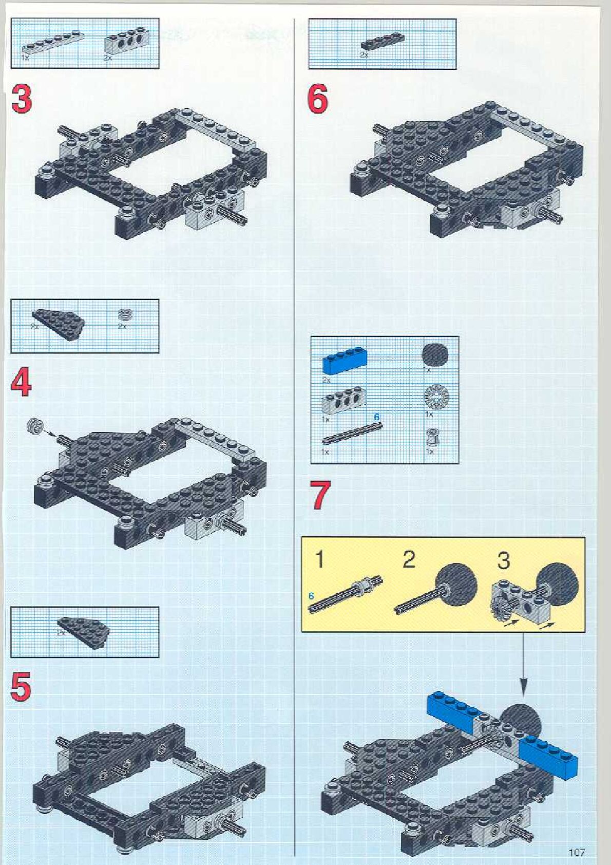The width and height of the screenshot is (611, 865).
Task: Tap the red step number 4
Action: click(22, 383)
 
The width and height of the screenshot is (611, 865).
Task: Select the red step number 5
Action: click(21, 687)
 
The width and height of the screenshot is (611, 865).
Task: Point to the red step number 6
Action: click(318, 99)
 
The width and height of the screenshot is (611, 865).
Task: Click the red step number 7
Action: click(321, 495)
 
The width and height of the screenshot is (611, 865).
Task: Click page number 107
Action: click(576, 853)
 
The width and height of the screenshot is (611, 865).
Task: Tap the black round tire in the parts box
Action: click(435, 354)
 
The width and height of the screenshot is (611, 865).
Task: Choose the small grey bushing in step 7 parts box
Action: click(433, 437)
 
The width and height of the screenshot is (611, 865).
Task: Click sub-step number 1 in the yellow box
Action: click(319, 559)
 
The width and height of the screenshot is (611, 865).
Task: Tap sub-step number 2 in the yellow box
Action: click(409, 559)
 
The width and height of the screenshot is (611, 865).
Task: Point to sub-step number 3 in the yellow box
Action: click(503, 560)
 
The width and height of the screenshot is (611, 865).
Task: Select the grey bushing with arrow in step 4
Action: click(36, 425)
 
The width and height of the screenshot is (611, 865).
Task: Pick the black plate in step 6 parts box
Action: click(382, 43)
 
